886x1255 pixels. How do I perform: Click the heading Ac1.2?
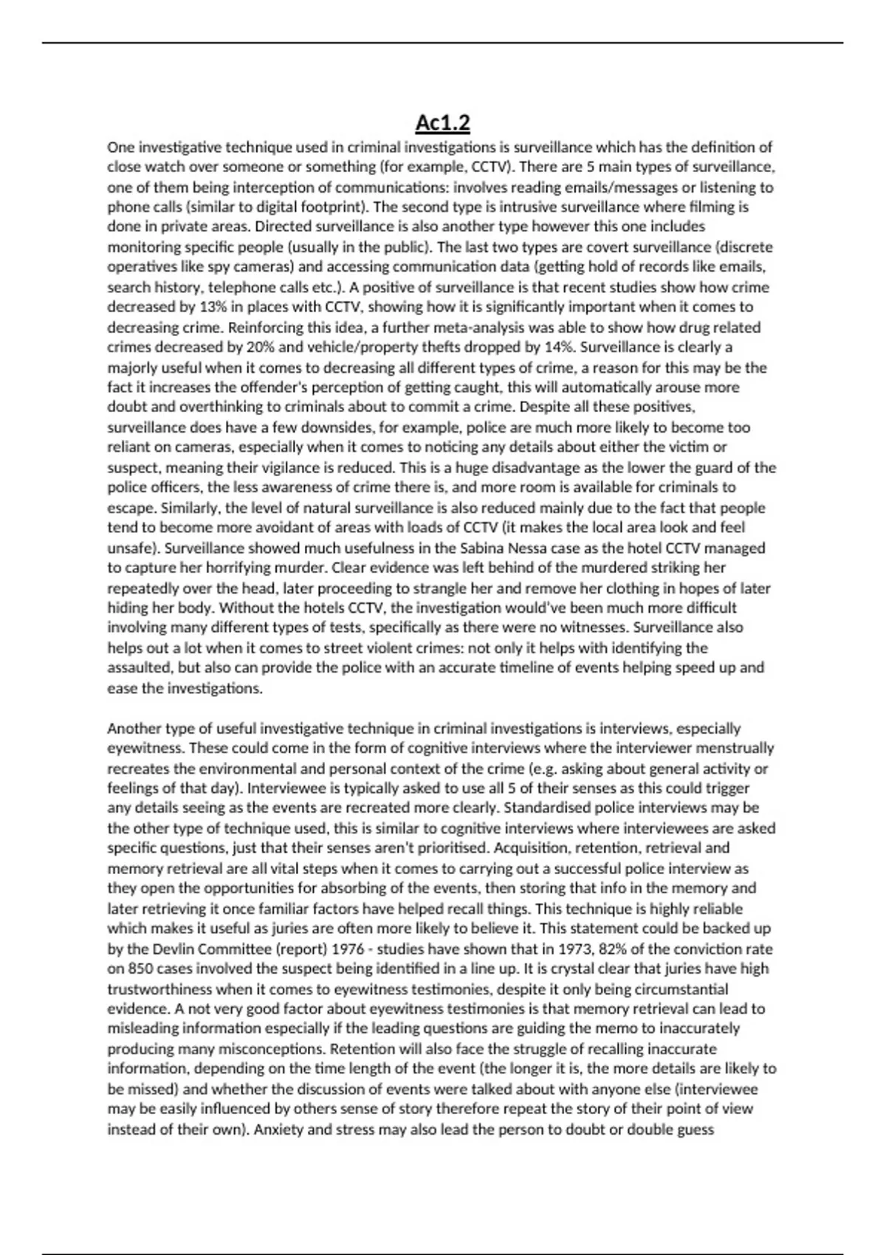click(x=442, y=123)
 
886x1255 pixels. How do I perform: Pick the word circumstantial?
click(x=674, y=989)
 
